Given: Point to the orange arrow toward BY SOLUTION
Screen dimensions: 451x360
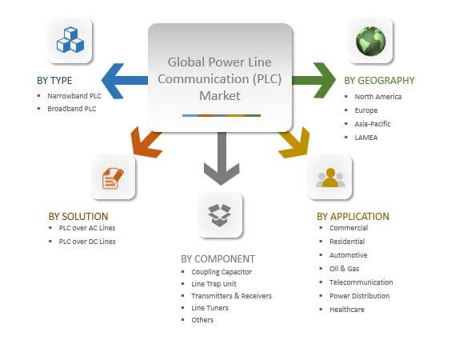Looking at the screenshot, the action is click(146, 143).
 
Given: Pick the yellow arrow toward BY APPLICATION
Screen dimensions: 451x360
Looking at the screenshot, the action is click(296, 143).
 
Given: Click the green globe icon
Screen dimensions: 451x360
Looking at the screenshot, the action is click(371, 41).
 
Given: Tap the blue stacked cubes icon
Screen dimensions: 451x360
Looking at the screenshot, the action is click(70, 40).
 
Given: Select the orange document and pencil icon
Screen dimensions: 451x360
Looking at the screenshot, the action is click(113, 178).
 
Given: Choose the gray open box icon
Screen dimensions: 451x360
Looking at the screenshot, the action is click(220, 215).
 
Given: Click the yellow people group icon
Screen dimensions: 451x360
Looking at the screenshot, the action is click(330, 178).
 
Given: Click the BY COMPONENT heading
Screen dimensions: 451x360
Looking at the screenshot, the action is click(218, 259).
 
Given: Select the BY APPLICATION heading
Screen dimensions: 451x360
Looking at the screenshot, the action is click(353, 217).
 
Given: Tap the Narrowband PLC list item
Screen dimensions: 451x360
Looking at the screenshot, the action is click(74, 96).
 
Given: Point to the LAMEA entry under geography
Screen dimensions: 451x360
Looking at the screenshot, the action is click(366, 138).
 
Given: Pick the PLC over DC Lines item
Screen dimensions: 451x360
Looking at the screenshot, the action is click(87, 242).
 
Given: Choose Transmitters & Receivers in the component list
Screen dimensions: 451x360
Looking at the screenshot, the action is click(232, 296).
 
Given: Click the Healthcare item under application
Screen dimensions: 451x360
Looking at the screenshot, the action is click(347, 310).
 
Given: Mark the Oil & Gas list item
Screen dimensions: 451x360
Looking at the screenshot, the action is click(345, 269).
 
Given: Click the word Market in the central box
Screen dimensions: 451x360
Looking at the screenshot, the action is click(220, 95).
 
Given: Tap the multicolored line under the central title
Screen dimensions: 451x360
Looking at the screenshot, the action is click(222, 115).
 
